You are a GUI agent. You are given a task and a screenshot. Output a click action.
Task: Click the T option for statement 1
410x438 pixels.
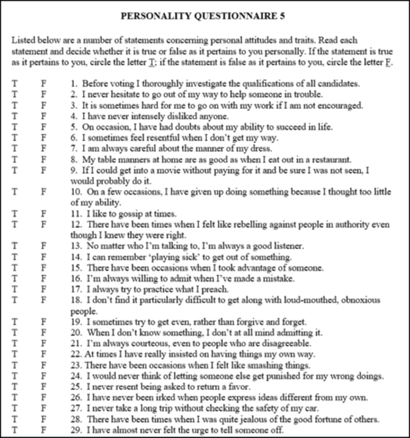tap(15, 84)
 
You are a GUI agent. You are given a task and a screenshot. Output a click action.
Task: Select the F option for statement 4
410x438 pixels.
tap(43, 116)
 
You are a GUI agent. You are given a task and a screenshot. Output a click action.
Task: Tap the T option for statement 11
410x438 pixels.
tap(15, 214)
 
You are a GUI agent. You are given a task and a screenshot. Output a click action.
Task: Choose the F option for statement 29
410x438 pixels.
tap(43, 430)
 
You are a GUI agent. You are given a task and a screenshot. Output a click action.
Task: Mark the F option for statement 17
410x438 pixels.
tap(43, 289)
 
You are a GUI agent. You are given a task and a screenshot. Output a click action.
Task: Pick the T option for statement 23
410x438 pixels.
tap(15, 365)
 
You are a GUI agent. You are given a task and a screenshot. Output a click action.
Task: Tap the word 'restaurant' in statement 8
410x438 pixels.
tap(332, 160)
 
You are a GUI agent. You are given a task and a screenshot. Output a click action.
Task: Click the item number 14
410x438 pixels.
tap(76, 257)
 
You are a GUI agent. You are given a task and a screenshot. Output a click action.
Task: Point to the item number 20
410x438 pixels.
tap(76, 333)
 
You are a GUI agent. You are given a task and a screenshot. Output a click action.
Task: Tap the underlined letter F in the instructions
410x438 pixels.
tap(388, 62)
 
